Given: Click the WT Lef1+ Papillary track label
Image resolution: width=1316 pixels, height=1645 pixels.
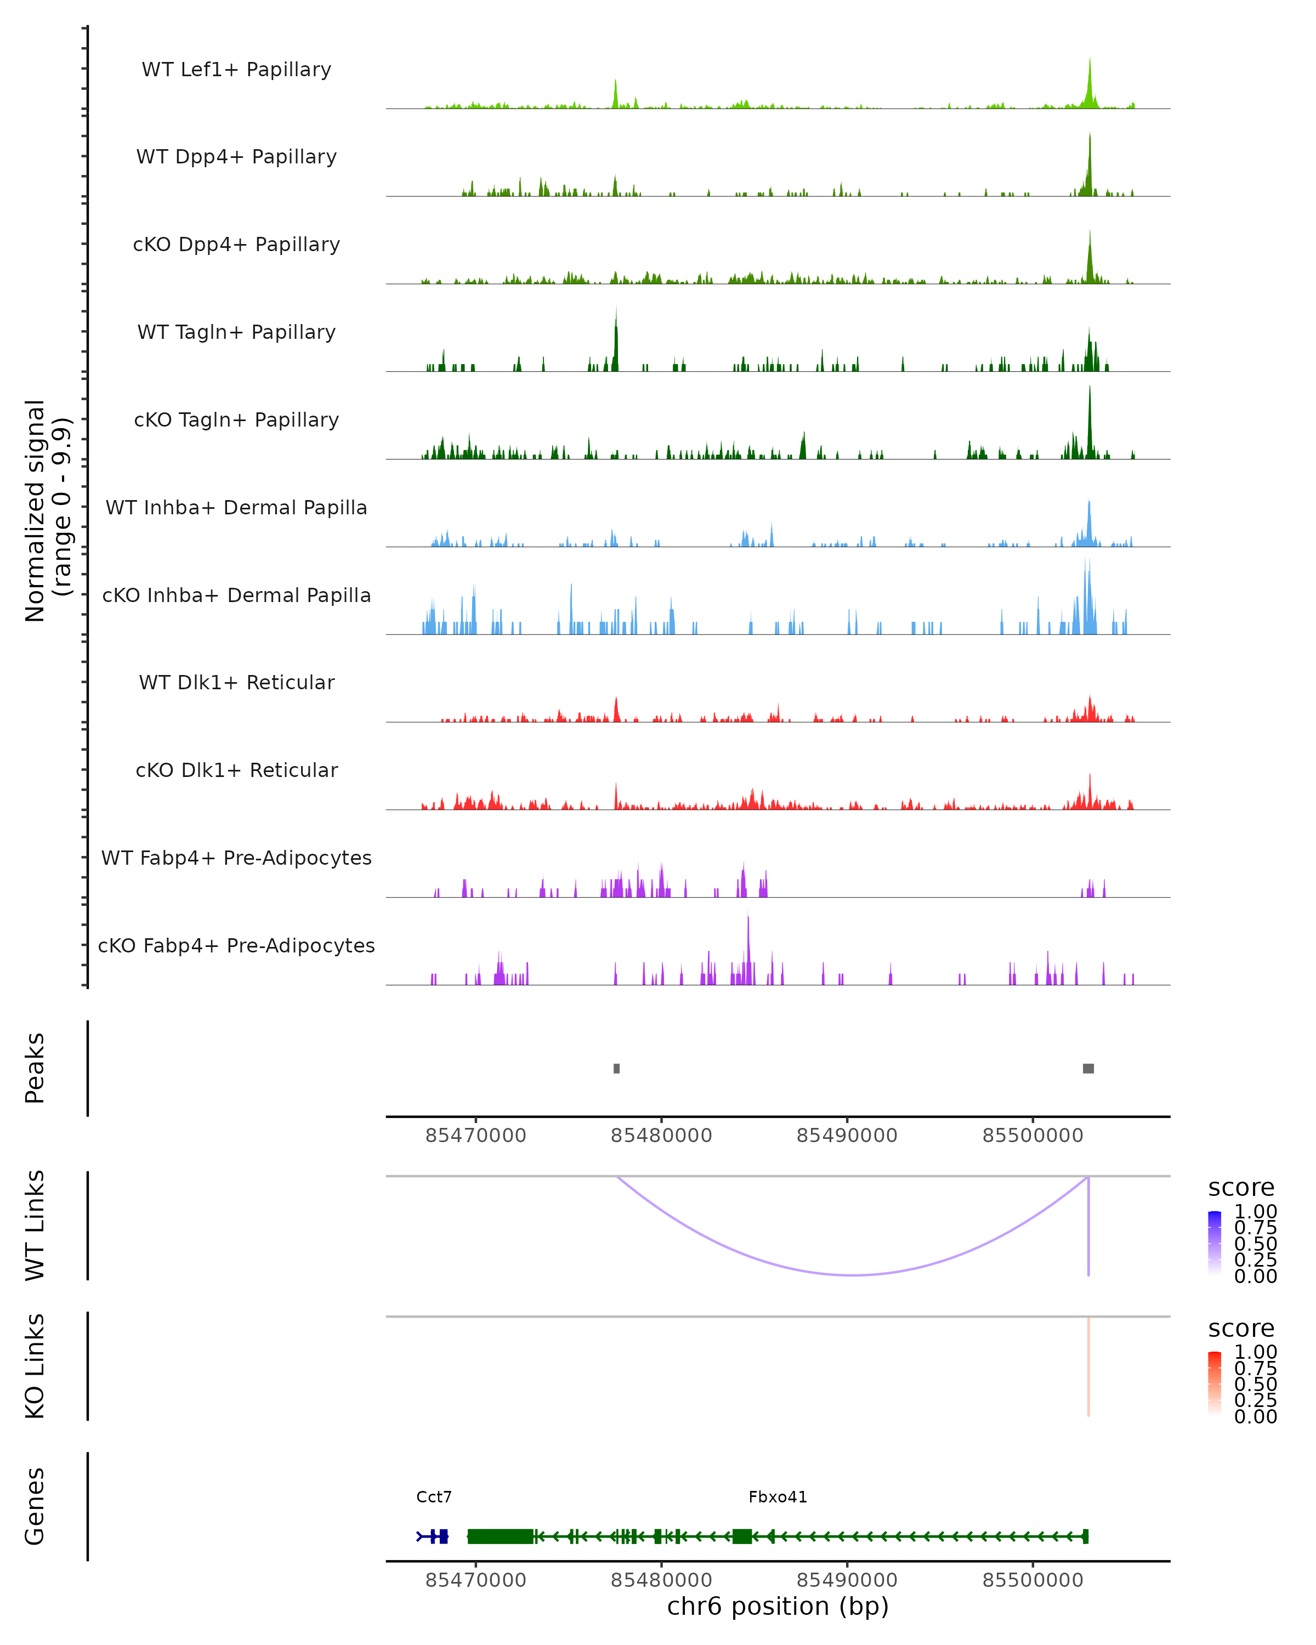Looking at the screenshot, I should pos(236,70).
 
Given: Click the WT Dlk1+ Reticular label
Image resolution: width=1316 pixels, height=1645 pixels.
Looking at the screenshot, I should pos(236,682).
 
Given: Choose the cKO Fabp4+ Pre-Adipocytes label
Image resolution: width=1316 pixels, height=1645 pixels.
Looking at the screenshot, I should pos(236,945).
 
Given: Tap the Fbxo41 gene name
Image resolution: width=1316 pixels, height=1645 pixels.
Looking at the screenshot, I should pos(778,1497).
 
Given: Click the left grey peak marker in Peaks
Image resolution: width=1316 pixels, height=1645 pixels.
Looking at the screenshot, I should pos(616,1068).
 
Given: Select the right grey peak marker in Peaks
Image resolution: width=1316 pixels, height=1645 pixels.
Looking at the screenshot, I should pos(1088,1068).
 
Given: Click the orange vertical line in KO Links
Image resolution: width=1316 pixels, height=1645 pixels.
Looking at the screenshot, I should pos(1088,1366).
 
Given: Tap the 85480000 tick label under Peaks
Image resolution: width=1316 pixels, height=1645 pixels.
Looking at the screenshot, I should pos(661,1136).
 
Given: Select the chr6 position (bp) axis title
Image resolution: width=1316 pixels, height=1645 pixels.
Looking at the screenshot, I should pos(778,1607).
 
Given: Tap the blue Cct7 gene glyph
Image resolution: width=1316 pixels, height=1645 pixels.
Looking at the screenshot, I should pos(433,1536).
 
